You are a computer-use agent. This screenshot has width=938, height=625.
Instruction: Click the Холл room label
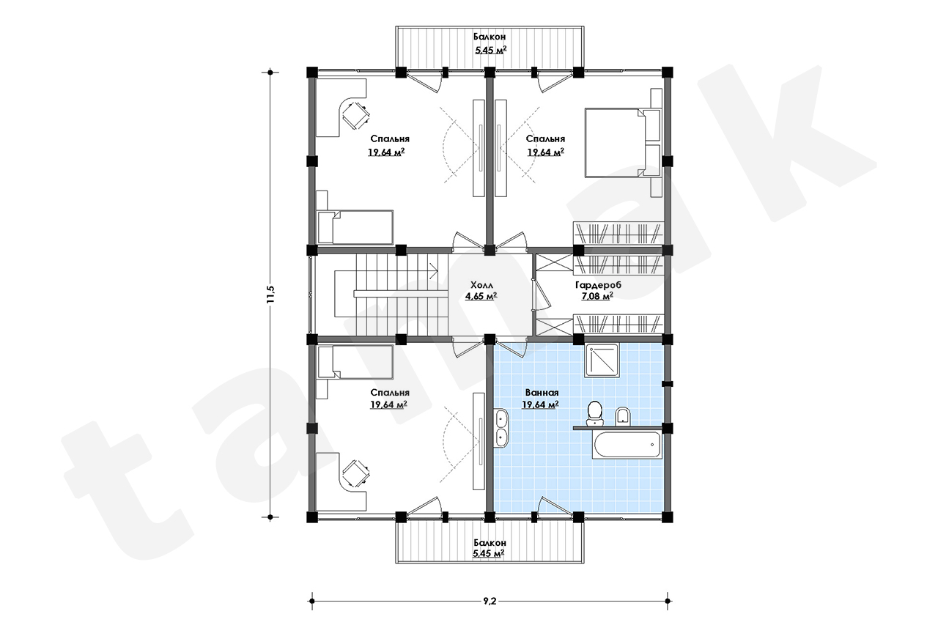(x=481, y=286)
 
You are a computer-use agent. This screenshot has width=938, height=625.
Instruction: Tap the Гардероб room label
(x=598, y=286)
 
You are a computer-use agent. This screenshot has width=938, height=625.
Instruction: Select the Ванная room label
(x=542, y=393)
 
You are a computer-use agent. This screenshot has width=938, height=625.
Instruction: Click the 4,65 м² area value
(x=481, y=297)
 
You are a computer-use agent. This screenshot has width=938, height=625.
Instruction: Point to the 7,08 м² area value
(x=597, y=297)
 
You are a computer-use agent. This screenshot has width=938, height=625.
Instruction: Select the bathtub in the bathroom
(x=626, y=445)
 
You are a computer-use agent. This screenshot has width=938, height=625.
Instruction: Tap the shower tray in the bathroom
(x=602, y=360)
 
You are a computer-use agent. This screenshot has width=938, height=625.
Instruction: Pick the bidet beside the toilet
(x=623, y=417)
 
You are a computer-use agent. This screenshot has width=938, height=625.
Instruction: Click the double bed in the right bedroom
(x=622, y=143)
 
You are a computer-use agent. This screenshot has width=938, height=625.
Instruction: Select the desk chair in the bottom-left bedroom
(x=356, y=473)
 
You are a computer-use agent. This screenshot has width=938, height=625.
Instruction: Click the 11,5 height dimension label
(x=270, y=294)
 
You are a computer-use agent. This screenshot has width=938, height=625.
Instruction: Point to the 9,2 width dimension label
(x=489, y=601)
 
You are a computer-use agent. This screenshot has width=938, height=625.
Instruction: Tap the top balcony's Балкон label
(x=490, y=37)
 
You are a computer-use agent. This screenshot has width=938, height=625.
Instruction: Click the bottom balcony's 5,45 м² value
(x=489, y=553)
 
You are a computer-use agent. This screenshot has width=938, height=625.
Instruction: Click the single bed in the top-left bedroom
(x=355, y=227)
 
